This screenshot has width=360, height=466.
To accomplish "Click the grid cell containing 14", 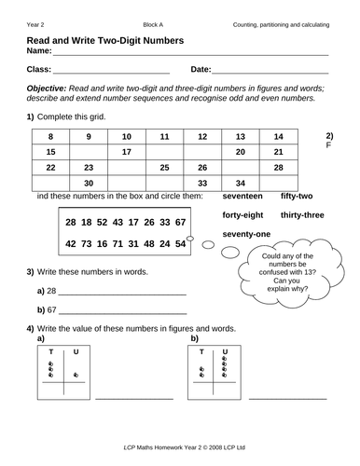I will pos(278,136).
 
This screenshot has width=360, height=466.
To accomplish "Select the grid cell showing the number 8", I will pos(50,136).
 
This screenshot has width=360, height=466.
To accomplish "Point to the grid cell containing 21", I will pos(278,151).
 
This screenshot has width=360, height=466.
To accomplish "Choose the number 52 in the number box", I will pos(105,224).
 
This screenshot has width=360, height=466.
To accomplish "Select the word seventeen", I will pos(245,198).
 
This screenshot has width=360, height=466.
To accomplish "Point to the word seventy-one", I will pos(246,233).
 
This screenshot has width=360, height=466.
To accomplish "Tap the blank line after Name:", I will pos(187,54).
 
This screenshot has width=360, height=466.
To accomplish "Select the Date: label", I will pos(201,70).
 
